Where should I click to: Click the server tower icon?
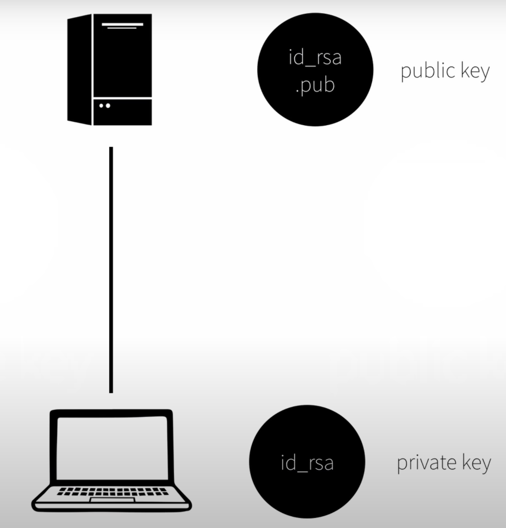[x=110, y=70]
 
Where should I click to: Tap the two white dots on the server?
[x=105, y=106]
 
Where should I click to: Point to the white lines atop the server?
[x=122, y=25]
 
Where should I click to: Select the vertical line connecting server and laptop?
[x=111, y=269]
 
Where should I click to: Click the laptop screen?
[x=112, y=448]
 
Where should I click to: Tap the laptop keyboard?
[x=113, y=491]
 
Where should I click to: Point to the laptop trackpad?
[x=112, y=500]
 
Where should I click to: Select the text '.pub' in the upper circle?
[x=315, y=86]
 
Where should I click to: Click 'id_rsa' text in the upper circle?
[x=315, y=58]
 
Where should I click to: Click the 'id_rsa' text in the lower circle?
[x=307, y=463]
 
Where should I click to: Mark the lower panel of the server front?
[x=122, y=112]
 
